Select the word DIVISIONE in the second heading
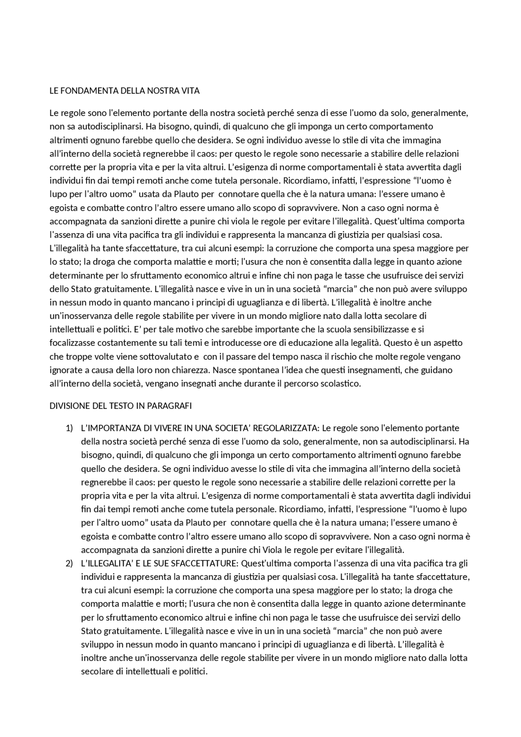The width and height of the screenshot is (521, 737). click(68, 406)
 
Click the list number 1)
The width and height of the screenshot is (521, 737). click(69, 428)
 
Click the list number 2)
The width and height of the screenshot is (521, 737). click(69, 564)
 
